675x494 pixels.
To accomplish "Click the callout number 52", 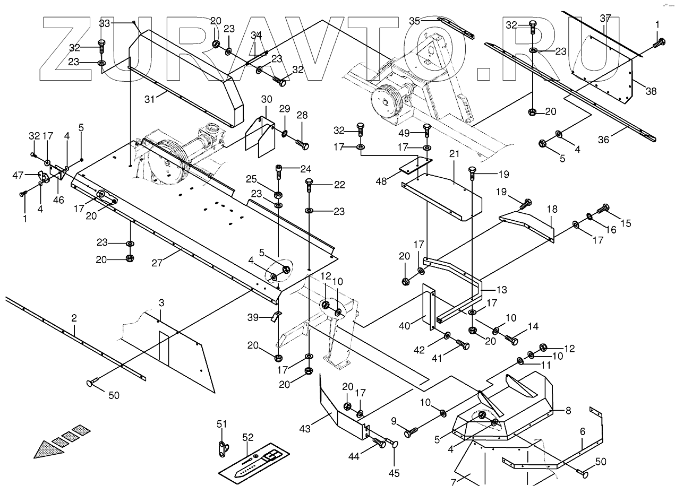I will pyautogui.click(x=248, y=437).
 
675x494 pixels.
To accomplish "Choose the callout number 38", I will pyautogui.click(x=651, y=91).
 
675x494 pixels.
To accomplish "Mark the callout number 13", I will pyautogui.click(x=501, y=290).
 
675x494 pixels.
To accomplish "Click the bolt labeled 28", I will pyautogui.click(x=302, y=144).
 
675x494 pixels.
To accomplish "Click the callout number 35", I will pyautogui.click(x=414, y=21).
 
